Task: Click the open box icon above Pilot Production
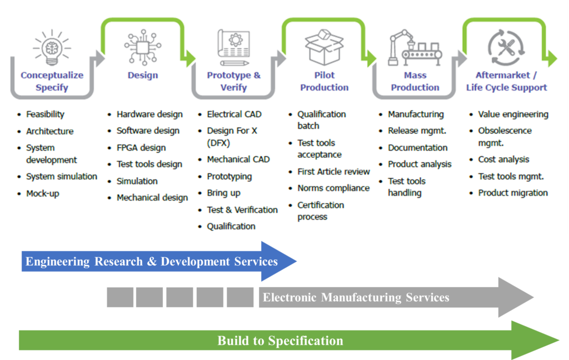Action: click(x=324, y=48)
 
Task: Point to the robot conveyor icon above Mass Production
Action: click(x=415, y=48)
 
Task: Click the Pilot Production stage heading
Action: click(x=324, y=81)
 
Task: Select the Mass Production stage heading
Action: click(x=415, y=81)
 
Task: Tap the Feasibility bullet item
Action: click(x=45, y=114)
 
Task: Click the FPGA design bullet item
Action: click(x=141, y=148)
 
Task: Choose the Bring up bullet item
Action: click(x=223, y=193)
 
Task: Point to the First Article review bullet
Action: click(x=333, y=172)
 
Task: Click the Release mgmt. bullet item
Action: click(x=417, y=131)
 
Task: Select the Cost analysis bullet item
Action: click(x=503, y=159)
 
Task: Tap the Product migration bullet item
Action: click(x=513, y=193)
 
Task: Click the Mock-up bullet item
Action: click(x=43, y=193)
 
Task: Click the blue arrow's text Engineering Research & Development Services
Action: click(x=152, y=262)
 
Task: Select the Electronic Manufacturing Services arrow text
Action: click(x=356, y=297)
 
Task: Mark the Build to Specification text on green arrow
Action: click(x=280, y=341)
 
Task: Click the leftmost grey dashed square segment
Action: click(x=120, y=297)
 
